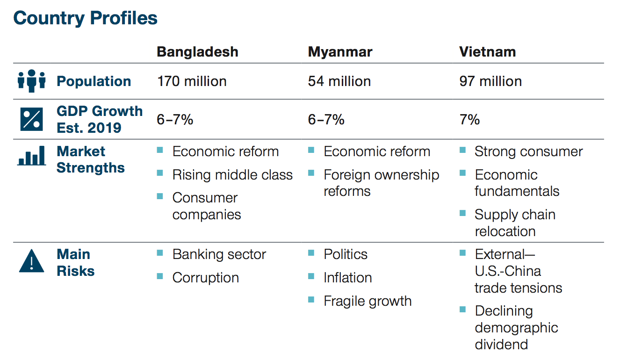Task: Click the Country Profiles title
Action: pyautogui.click(x=86, y=18)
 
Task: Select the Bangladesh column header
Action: pyautogui.click(x=197, y=52)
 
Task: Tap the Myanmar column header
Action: pyautogui.click(x=340, y=52)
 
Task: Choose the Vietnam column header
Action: pyautogui.click(x=488, y=52)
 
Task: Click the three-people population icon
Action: pyautogui.click(x=32, y=81)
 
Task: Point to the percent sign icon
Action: pyautogui.click(x=31, y=119)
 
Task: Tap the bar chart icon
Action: pyautogui.click(x=32, y=156)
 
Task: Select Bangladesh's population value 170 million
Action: pyautogui.click(x=192, y=81)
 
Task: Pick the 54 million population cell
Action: pyautogui.click(x=339, y=81)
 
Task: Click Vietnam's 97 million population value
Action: pyautogui.click(x=490, y=81)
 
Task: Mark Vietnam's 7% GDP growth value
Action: pyautogui.click(x=469, y=120)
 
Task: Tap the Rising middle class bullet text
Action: pyautogui.click(x=232, y=175)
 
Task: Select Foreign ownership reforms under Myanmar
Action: pyautogui.click(x=381, y=183)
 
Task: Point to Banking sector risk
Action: pyautogui.click(x=219, y=254)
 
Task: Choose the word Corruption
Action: pyautogui.click(x=205, y=278)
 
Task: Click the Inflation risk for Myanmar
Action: pyautogui.click(x=347, y=278)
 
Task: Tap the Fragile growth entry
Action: pyautogui.click(x=368, y=301)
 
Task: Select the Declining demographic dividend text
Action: pyautogui.click(x=516, y=328)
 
